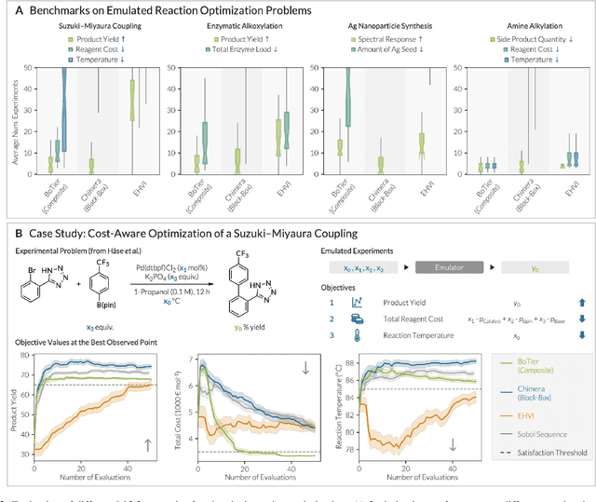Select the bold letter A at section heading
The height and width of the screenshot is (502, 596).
pos(7,8)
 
